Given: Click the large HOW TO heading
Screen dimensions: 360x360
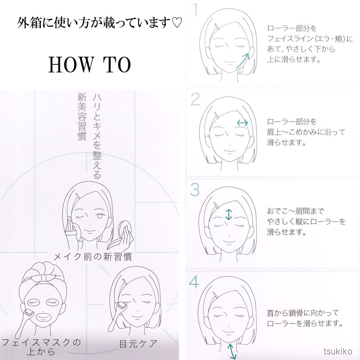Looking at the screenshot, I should (x=90, y=65).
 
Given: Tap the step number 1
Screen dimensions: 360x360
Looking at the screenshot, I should (x=194, y=11).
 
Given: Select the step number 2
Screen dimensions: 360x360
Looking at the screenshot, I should (x=195, y=100).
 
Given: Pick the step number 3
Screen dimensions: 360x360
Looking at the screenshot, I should (x=195, y=190).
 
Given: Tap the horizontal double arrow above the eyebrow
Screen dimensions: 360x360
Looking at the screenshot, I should (x=243, y=123).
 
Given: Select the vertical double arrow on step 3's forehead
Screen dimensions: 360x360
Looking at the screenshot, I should (x=229, y=214).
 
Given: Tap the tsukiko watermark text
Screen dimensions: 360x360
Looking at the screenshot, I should (x=338, y=351).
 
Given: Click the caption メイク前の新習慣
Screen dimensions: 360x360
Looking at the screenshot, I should (x=93, y=257).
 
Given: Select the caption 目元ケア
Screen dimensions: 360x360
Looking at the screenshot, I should (x=138, y=343).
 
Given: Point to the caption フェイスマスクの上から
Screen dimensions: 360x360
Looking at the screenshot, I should (x=41, y=346).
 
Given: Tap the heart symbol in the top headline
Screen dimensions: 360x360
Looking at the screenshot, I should (x=177, y=24).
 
